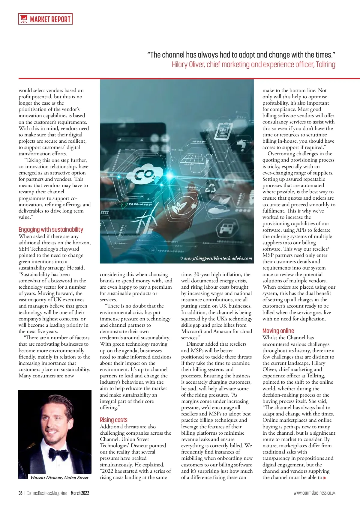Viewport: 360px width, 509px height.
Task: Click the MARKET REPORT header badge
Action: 45,19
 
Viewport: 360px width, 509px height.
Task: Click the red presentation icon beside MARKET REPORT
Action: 23,19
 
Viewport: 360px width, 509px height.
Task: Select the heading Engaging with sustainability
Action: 51,230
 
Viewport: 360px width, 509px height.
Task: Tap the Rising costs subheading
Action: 113,420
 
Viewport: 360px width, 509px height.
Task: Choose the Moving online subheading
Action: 278,331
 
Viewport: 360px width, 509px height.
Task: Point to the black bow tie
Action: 58,454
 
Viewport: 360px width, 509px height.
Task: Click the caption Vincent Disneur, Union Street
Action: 59,478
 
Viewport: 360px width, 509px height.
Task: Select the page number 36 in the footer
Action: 20,493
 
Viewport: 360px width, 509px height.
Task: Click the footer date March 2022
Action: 80,493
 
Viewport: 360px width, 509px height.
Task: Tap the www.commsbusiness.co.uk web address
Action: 314,493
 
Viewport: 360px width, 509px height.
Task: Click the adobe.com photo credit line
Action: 216,258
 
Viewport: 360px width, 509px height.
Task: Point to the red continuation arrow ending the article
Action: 324,478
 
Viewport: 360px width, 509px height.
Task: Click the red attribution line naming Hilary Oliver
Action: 253,64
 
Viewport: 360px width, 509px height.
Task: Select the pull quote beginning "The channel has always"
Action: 241,55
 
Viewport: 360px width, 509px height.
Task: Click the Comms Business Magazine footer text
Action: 46,493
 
